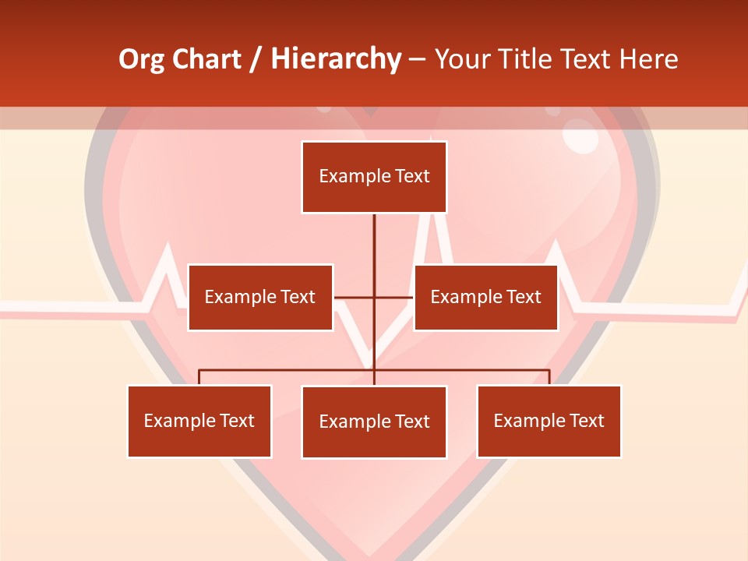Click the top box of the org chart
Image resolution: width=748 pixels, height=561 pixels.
[x=374, y=177]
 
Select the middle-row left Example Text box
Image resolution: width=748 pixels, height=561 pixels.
[x=260, y=297]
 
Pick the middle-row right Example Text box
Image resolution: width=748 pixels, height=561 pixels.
[x=485, y=297]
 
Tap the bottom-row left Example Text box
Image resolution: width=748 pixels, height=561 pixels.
[x=199, y=421]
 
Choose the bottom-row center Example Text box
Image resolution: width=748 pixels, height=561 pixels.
[x=374, y=422]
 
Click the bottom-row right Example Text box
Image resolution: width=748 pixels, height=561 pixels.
[x=549, y=421]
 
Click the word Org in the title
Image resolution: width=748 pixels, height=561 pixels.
[x=141, y=59]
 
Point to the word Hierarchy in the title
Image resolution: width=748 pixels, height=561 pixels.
[x=336, y=59]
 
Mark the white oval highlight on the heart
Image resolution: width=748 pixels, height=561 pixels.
[x=580, y=137]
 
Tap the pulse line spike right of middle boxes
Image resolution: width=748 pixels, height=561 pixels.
[x=555, y=253]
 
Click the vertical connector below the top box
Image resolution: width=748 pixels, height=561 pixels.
[x=374, y=249]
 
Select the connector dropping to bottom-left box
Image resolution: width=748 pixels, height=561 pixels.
[x=199, y=377]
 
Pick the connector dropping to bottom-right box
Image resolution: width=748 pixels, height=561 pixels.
[x=549, y=377]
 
